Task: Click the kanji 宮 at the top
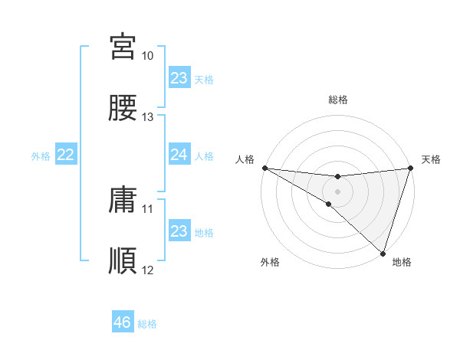(123, 47)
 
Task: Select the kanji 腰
(123, 108)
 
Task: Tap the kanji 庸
(123, 200)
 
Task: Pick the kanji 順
(123, 261)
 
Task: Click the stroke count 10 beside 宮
(148, 56)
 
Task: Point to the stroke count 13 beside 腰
(148, 117)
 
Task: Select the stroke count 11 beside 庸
(148, 208)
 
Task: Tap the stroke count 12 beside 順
(148, 270)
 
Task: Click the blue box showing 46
(123, 322)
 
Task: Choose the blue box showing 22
(66, 155)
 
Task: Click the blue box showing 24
(179, 155)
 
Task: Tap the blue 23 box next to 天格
(179, 78)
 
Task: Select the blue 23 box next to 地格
(179, 232)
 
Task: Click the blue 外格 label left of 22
(41, 156)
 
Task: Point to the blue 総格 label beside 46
(147, 324)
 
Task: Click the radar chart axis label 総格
(338, 100)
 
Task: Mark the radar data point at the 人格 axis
(264, 168)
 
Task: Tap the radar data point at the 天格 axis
(411, 168)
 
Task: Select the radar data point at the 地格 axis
(383, 254)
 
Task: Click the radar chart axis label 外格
(270, 263)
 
